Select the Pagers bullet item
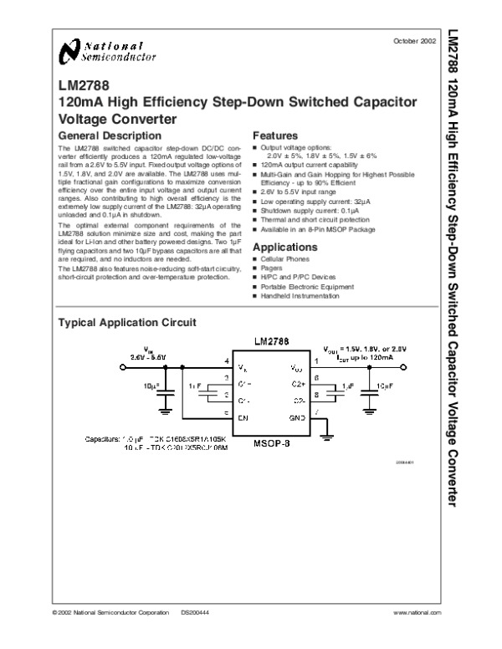tap(272, 269)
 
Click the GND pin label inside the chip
tap(296, 416)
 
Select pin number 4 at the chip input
tap(227, 361)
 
